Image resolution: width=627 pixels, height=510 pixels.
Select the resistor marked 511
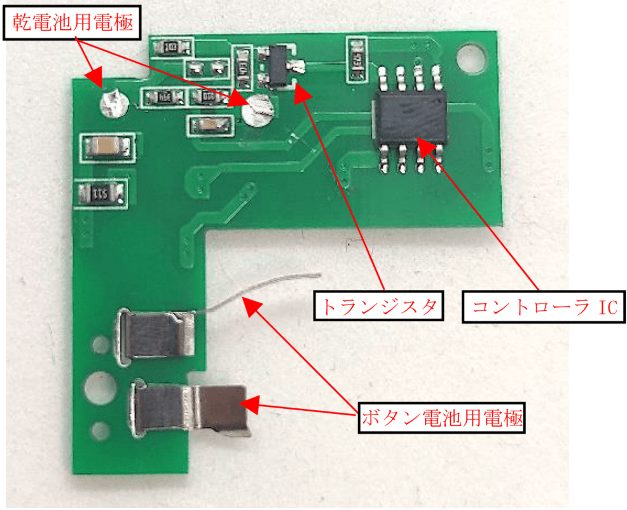point(101,193)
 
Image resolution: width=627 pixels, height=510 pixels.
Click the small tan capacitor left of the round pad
point(206,125)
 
